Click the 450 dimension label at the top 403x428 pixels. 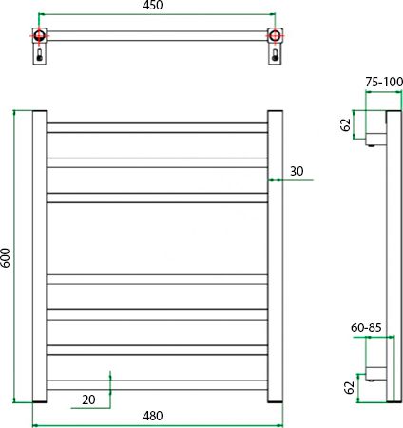tap(152, 5)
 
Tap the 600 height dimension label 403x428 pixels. tap(6, 257)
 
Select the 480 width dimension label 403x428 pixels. tap(152, 416)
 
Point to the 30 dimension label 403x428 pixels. tap(297, 171)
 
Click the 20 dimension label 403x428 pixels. tap(88, 400)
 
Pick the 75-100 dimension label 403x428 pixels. tap(384, 82)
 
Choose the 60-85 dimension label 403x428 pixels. tap(366, 327)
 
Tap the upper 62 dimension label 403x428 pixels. tap(346, 124)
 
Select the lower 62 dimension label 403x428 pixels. tap(349, 387)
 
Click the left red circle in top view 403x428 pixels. tap(39, 35)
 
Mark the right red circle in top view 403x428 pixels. tap(275, 35)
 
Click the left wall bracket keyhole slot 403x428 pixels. tap(39, 55)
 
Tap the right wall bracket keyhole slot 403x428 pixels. tap(275, 55)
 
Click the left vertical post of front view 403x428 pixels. tap(40, 256)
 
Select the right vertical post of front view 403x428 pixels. tap(275, 256)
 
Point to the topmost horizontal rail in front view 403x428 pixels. tap(157, 128)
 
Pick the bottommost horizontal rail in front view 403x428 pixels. tap(157, 385)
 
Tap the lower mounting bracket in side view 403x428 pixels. tap(376, 373)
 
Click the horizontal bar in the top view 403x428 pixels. tap(157, 36)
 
